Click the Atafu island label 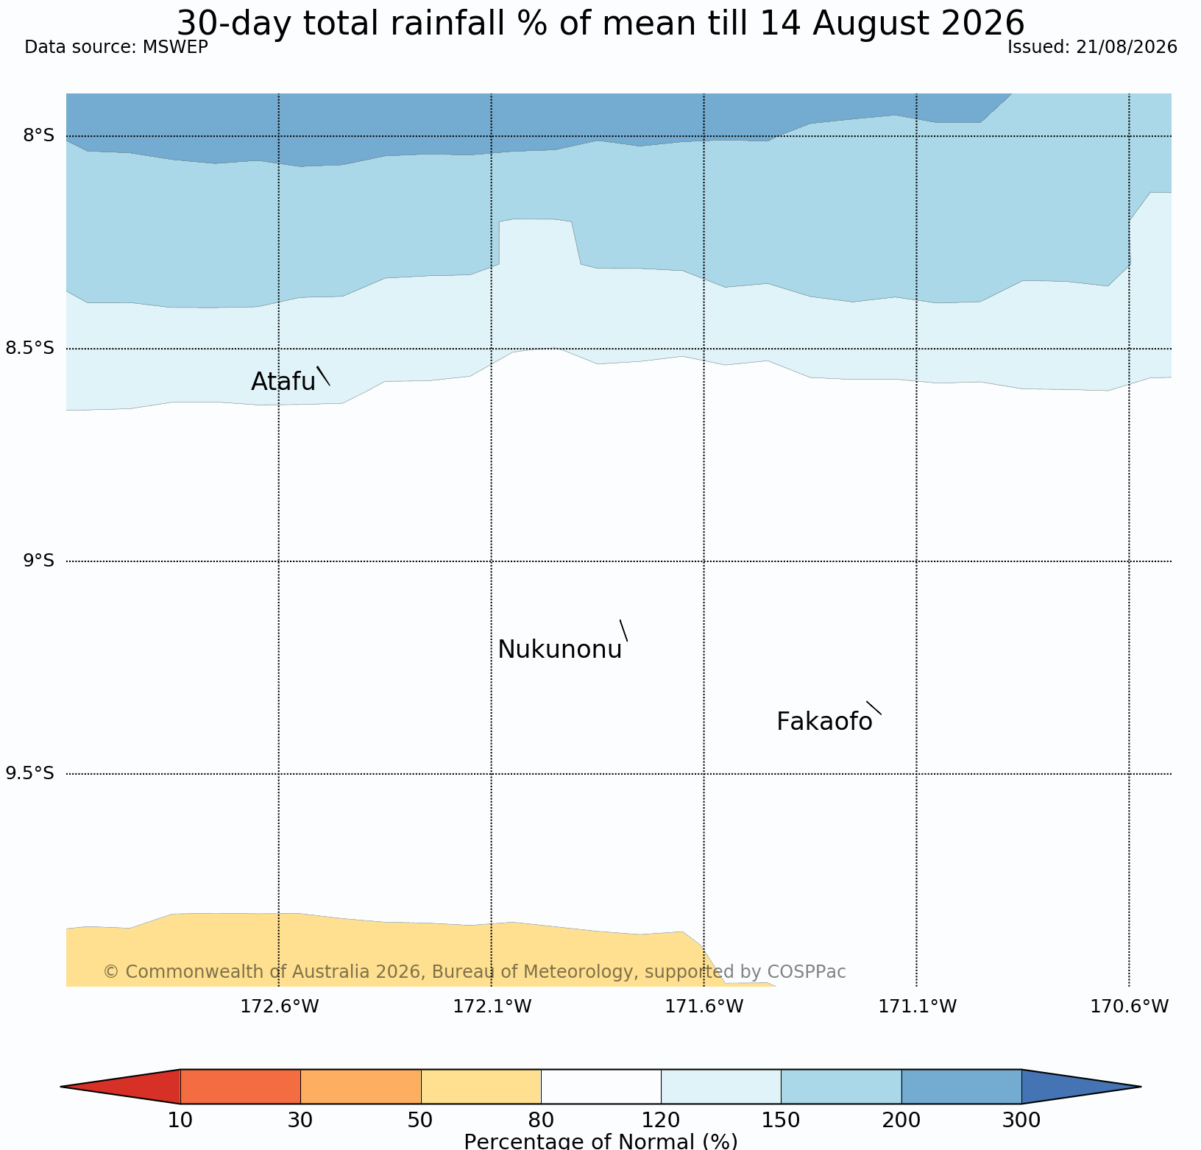click(283, 382)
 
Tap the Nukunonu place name click(560, 650)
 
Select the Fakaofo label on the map click(824, 722)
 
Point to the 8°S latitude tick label click(39, 135)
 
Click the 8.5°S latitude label click(30, 348)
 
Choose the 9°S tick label click(39, 561)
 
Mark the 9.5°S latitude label click(30, 773)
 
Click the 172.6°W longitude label click(280, 1006)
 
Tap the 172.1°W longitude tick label click(492, 1006)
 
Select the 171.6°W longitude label click(704, 1006)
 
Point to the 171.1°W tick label click(917, 1006)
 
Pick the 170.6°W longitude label click(1130, 1006)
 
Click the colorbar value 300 click(1021, 1121)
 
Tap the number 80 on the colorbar click(541, 1121)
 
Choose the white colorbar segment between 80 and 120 click(601, 1087)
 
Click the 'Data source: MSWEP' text click(116, 47)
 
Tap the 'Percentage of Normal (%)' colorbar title click(600, 1141)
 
